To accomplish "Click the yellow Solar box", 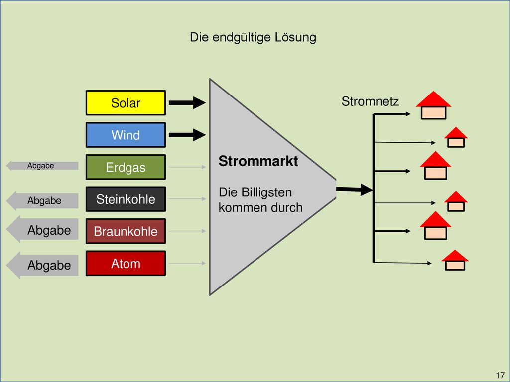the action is pyautogui.click(x=126, y=102).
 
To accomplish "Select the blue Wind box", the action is pyautogui.click(x=126, y=135).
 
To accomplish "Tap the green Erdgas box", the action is pyautogui.click(x=126, y=167).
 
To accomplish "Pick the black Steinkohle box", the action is pyautogui.click(x=126, y=199).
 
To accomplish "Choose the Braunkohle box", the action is pyautogui.click(x=126, y=231).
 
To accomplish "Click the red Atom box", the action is pyautogui.click(x=126, y=263).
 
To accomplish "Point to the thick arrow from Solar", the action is pyautogui.click(x=187, y=102).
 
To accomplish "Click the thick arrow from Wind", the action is pyautogui.click(x=187, y=135).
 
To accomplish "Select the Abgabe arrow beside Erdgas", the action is pyautogui.click(x=42, y=166).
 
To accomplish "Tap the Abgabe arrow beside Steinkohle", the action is pyautogui.click(x=42, y=201).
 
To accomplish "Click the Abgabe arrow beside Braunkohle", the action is pyautogui.click(x=42, y=229).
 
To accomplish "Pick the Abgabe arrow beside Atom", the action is pyautogui.click(x=42, y=265).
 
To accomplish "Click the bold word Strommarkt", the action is pyautogui.click(x=258, y=161).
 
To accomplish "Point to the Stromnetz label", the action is pyautogui.click(x=370, y=101).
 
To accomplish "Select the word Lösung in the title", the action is pyautogui.click(x=295, y=37).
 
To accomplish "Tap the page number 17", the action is pyautogui.click(x=500, y=375).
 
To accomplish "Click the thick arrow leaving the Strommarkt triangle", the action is pyautogui.click(x=354, y=190).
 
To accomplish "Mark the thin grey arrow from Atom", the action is pyautogui.click(x=187, y=263).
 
